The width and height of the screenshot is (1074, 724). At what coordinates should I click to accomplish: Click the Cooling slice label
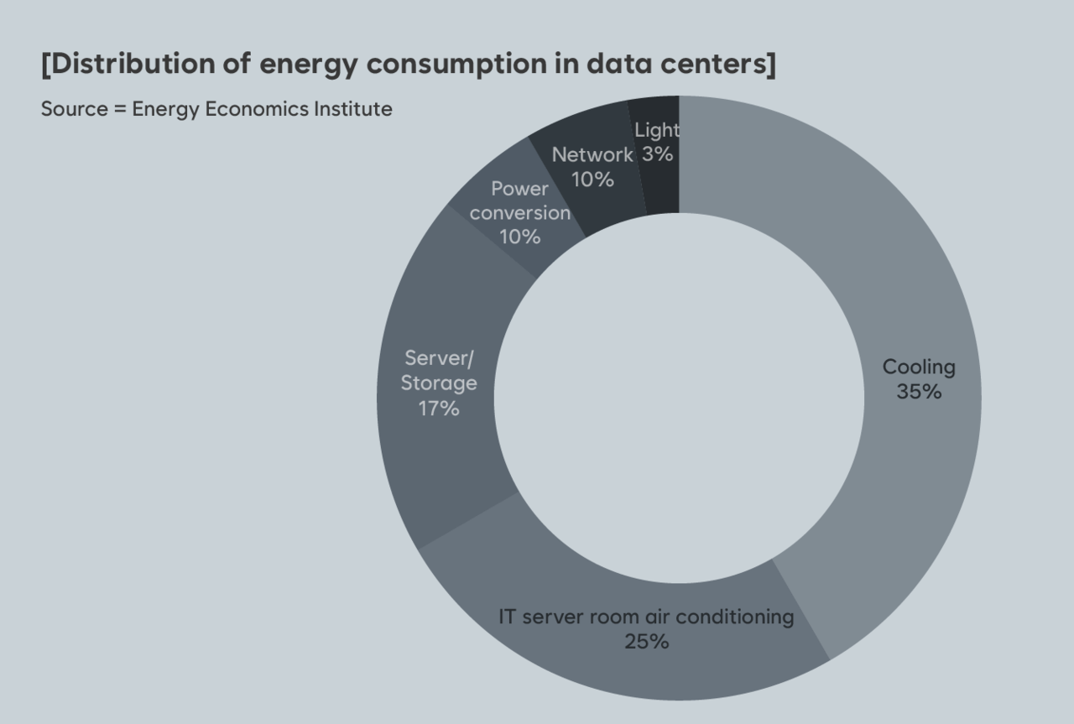(x=919, y=367)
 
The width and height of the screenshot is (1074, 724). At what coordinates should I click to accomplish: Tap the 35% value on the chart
(x=919, y=392)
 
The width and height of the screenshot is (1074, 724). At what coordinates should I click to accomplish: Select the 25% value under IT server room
(x=646, y=642)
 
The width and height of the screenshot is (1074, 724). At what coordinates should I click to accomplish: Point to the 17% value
(x=439, y=409)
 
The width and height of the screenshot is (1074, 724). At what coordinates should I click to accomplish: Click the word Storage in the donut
(x=439, y=383)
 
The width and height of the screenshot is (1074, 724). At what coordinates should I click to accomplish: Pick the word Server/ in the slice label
(x=439, y=358)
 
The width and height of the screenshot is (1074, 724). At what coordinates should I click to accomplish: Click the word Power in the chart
(x=519, y=189)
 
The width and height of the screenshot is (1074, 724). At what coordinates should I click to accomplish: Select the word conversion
(x=519, y=212)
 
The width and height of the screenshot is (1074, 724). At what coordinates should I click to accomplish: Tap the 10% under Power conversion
(x=519, y=237)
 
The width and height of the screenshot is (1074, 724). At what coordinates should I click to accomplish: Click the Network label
(x=592, y=155)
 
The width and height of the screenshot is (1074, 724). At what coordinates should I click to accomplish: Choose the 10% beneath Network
(x=592, y=180)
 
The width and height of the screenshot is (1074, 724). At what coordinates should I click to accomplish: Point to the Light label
(x=657, y=130)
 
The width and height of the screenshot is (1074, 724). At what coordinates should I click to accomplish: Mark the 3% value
(x=658, y=154)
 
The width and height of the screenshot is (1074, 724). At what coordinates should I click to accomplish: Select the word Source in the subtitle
(x=74, y=109)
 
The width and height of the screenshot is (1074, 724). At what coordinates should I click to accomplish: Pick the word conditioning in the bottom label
(x=734, y=617)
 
